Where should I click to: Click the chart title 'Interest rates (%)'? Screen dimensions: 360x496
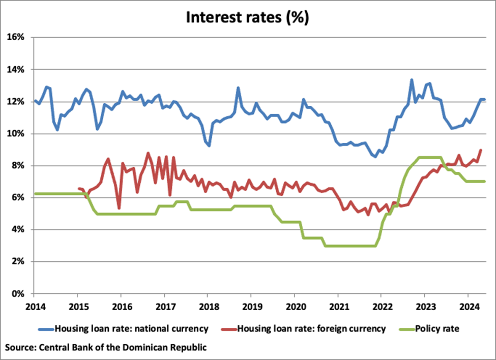pos(247,17)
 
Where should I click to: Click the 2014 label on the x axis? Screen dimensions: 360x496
pos(34,307)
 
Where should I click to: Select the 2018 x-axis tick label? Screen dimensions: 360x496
pos(207,307)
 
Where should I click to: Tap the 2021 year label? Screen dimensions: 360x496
pos(337,307)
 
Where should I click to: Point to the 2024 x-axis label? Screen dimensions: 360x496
pos(468,307)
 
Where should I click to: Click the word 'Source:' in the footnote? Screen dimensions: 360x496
pos(21,347)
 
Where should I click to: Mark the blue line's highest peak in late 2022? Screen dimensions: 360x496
pos(412,80)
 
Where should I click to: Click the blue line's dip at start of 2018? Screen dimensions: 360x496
pos(209,145)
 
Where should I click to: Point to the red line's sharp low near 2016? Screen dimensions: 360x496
pos(119,208)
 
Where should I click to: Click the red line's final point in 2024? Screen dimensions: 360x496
pos(481,150)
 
